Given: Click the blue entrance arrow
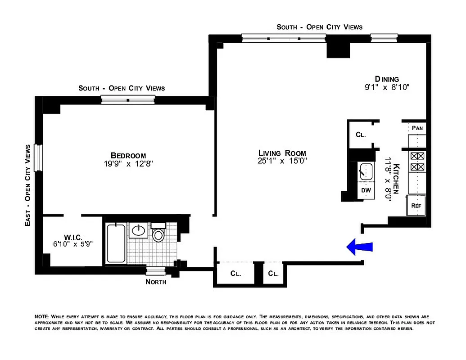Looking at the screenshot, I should pos(360,247).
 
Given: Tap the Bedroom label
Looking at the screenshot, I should pos(128,156).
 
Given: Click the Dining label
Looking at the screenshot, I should pos(387,79).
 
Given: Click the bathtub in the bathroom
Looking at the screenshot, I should pos(116,243).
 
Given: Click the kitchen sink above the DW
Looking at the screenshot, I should pos(366,171).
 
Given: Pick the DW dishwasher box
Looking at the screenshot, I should pos(366,190).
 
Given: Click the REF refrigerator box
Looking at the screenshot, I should pos(416,206).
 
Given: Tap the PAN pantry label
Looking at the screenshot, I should pos(417,128).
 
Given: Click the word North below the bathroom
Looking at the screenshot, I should pos(156,282).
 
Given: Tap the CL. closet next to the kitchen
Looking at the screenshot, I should pos(360,135).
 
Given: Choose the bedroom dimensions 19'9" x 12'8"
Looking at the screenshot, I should pos(128,164).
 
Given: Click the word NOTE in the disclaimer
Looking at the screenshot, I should pos(42,317).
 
